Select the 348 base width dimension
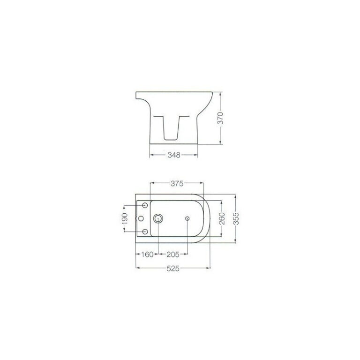click(173, 154)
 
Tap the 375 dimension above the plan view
click(176, 183)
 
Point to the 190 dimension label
click(125, 218)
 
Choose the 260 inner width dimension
click(222, 218)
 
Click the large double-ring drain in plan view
click(158, 218)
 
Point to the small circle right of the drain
click(187, 218)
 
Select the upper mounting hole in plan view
click(145, 205)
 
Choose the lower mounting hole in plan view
click(145, 232)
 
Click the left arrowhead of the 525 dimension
click(137, 269)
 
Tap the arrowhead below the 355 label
click(236, 242)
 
